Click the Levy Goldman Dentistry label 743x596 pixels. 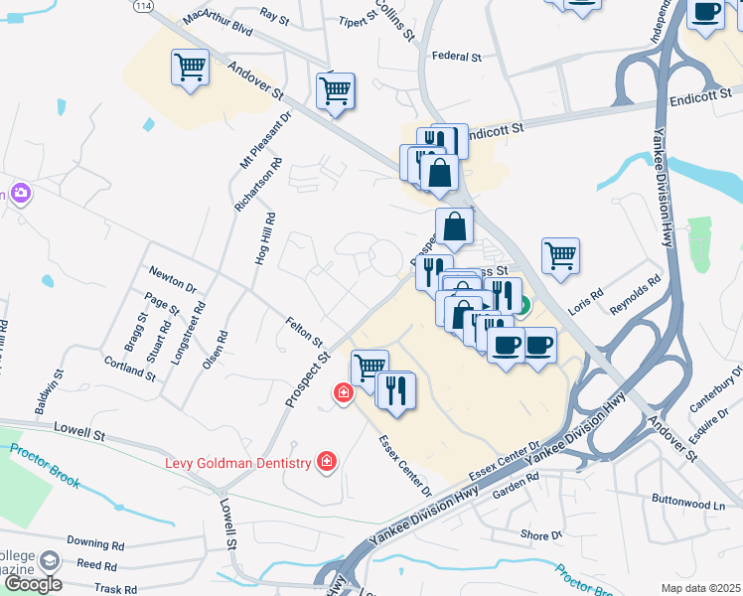(236, 462)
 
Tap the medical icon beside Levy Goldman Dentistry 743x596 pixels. (325, 461)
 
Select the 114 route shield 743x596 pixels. (145, 6)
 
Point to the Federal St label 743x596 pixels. (456, 58)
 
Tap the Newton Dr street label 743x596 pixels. (172, 278)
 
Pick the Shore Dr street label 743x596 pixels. (540, 535)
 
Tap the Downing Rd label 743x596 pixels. (95, 544)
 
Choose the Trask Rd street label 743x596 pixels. (116, 589)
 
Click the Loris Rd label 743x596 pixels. (586, 297)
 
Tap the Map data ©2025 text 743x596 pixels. (700, 588)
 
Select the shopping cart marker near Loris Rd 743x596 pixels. (560, 254)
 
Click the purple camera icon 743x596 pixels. (20, 192)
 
